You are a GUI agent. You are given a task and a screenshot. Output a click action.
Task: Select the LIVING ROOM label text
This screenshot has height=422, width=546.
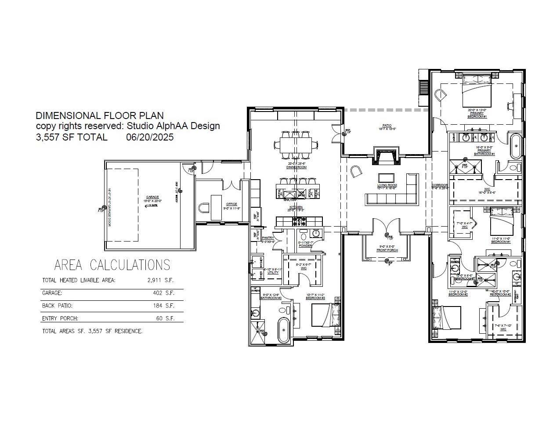coord(387,186)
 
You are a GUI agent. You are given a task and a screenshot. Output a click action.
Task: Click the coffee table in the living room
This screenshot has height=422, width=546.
coord(387,178)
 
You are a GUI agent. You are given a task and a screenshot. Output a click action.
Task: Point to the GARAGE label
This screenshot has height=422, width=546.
coord(152,197)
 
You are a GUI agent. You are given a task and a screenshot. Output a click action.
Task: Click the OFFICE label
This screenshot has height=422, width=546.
coord(231,204)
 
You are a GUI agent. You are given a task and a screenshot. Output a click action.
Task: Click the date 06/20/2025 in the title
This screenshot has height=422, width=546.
coord(150,137)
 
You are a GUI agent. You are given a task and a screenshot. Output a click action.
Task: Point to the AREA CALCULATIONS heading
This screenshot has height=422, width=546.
coord(112,265)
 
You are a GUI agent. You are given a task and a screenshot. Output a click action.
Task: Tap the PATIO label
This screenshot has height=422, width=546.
coord(387,126)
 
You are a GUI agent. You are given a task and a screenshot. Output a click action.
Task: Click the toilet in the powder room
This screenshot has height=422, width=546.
coord(304,237)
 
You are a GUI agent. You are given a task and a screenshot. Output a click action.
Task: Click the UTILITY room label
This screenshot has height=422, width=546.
coord(273,273)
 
